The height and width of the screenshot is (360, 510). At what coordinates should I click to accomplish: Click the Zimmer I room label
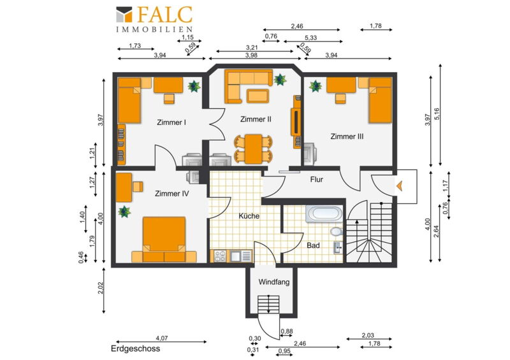[171, 122]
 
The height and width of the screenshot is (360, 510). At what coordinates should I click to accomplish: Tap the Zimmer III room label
[347, 136]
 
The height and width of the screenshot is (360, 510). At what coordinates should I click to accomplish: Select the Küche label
[249, 216]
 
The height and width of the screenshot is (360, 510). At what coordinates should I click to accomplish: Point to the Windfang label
[274, 282]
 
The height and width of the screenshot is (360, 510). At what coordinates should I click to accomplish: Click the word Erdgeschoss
[135, 349]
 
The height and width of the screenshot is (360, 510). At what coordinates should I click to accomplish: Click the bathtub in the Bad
[324, 213]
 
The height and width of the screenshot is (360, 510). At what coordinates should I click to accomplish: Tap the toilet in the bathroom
[337, 231]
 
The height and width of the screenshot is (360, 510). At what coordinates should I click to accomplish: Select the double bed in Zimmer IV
[164, 240]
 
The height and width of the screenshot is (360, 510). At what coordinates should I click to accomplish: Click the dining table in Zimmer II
[253, 149]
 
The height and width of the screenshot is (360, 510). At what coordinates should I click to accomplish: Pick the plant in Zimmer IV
[124, 212]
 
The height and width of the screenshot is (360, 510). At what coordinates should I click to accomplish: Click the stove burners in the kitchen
[220, 256]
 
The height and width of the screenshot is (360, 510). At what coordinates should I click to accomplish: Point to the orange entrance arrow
[400, 186]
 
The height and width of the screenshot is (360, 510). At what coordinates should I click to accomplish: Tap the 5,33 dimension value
[310, 38]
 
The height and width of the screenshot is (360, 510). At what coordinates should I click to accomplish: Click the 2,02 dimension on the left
[101, 288]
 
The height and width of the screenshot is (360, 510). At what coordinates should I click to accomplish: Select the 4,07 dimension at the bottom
[162, 338]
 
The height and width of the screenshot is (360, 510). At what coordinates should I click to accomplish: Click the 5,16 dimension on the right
[437, 114]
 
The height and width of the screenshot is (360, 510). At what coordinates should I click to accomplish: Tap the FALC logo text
[164, 15]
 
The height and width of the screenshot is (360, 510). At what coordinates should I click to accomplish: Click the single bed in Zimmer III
[380, 101]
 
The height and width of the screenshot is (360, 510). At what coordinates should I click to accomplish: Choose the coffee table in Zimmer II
[258, 96]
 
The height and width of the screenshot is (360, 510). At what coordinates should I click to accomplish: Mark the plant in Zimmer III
[315, 86]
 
